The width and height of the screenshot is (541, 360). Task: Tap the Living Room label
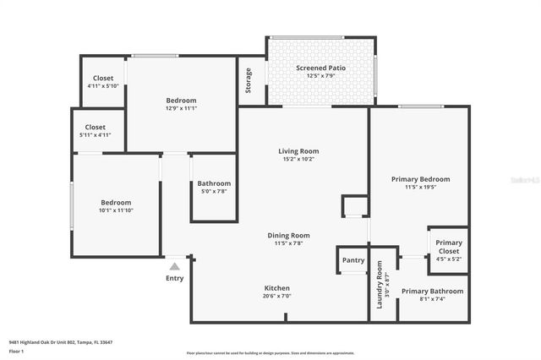point(298,151)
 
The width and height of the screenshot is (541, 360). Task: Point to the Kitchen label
point(277,288)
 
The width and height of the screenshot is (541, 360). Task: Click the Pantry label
point(352,260)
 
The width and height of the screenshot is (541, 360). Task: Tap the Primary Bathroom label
point(429,291)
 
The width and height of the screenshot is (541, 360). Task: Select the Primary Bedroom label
point(420,179)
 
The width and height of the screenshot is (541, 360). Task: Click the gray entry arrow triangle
point(175,266)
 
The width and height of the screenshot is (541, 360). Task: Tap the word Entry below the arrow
point(175,278)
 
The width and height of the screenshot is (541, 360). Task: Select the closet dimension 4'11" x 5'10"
point(103,85)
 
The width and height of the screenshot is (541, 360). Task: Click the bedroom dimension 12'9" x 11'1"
point(181,107)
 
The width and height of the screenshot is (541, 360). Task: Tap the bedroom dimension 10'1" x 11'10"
point(116,210)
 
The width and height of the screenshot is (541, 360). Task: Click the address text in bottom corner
point(60,342)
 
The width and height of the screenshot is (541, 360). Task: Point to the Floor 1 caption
point(16,351)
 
